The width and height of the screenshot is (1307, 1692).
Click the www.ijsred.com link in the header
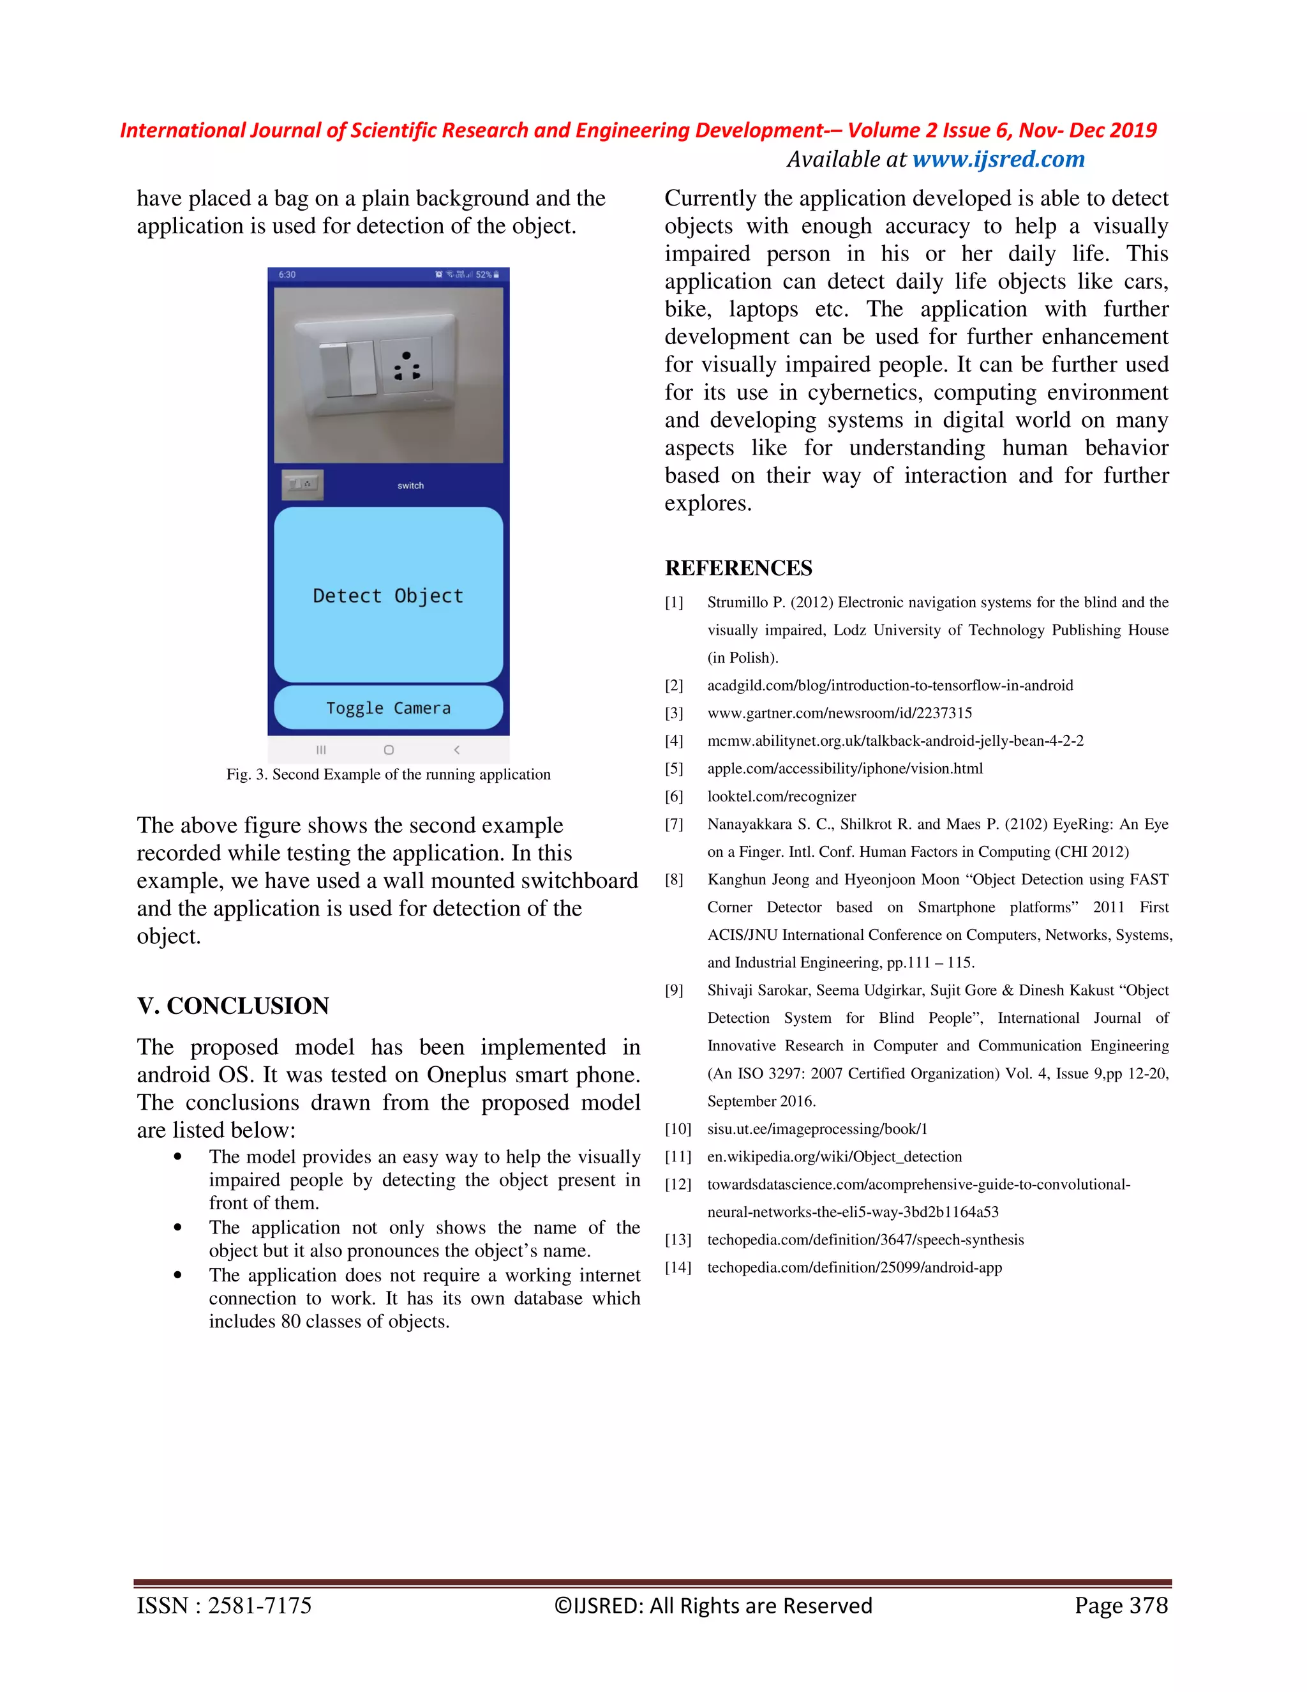[998, 160]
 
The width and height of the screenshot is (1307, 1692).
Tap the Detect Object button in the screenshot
[388, 595]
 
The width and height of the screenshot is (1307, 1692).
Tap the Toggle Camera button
[388, 707]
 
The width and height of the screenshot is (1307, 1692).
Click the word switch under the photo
[410, 486]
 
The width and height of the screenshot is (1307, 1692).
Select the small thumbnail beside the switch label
[302, 484]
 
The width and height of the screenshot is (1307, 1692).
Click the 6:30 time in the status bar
[287, 275]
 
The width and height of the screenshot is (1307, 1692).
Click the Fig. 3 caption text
[388, 774]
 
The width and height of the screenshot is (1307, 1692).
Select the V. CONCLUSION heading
[233, 1006]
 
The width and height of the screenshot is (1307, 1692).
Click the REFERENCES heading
[738, 568]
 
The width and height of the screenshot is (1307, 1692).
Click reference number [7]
[674, 824]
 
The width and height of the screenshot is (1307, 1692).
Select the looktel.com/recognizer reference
[780, 796]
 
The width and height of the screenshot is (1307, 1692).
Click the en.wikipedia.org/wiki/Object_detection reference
[834, 1157]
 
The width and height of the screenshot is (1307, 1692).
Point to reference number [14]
[678, 1267]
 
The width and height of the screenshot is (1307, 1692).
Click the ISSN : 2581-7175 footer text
[224, 1606]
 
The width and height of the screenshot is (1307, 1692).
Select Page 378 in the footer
[1121, 1606]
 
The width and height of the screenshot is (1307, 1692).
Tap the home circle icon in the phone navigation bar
[389, 750]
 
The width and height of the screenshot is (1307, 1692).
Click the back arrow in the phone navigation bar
[456, 750]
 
